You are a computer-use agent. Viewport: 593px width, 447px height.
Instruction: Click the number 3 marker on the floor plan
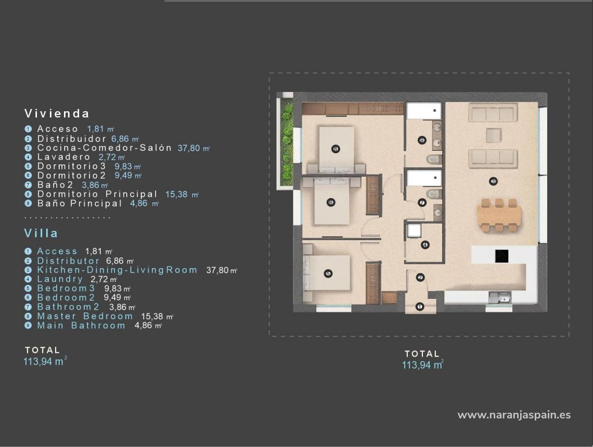pyautogui.click(x=493, y=181)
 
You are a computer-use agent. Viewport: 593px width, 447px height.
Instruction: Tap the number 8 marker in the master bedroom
pyautogui.click(x=336, y=149)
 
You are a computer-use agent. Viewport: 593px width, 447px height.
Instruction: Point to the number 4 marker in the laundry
pyautogui.click(x=425, y=245)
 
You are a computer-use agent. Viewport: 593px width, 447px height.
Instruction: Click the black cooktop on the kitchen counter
pyautogui.click(x=501, y=255)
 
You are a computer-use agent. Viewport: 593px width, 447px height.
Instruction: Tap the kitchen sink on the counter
pyautogui.click(x=500, y=297)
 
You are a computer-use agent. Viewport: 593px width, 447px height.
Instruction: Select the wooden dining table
pyautogui.click(x=499, y=214)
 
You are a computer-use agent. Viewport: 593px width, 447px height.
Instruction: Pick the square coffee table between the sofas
pyautogui.click(x=493, y=136)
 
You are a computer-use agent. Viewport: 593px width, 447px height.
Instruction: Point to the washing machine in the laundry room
pyautogui.click(x=415, y=230)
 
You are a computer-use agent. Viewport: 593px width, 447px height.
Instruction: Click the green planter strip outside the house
pyautogui.click(x=287, y=142)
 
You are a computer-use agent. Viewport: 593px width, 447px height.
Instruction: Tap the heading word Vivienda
pyautogui.click(x=57, y=113)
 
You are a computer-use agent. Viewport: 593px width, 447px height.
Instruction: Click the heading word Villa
pyautogui.click(x=41, y=233)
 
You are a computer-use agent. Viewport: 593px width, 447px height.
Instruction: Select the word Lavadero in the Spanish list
pyautogui.click(x=63, y=157)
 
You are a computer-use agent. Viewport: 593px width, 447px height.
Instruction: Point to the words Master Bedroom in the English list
pyautogui.click(x=85, y=316)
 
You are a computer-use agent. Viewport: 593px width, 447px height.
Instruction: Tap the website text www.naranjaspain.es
pyautogui.click(x=514, y=415)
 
